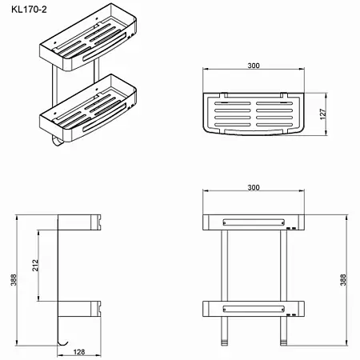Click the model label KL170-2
[x=29, y=10]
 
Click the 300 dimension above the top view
[x=254, y=66]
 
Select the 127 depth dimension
[x=323, y=114]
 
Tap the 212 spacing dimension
[x=35, y=266]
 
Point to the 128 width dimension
[x=79, y=352]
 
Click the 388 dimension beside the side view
[x=14, y=280]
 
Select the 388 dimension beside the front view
[x=343, y=280]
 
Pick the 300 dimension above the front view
[x=254, y=187]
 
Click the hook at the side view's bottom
[x=63, y=343]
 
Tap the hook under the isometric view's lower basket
[x=57, y=142]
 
